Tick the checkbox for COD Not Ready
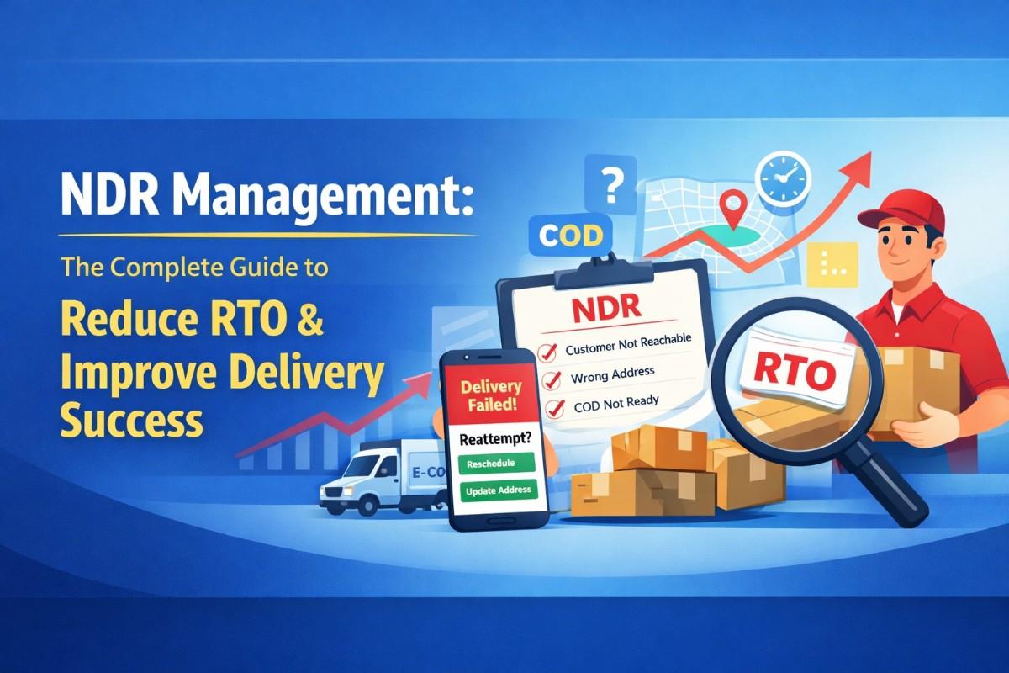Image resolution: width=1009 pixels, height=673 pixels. (x=554, y=409)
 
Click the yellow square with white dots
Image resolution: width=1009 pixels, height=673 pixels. (x=832, y=264)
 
